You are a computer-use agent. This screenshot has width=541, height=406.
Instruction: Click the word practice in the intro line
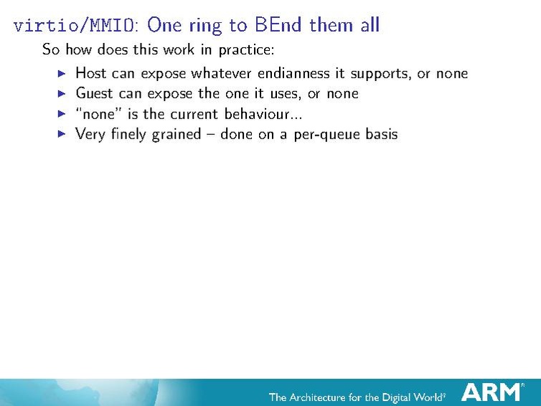click(x=245, y=50)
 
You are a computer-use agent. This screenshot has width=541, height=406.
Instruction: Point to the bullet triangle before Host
click(x=61, y=73)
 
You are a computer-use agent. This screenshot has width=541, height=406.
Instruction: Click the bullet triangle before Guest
click(x=61, y=93)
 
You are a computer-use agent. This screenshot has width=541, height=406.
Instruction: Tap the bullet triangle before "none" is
click(x=61, y=113)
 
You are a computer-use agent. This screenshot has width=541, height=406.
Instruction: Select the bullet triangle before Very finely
click(x=61, y=133)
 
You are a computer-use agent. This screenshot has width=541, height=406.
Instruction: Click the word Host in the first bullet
click(x=91, y=73)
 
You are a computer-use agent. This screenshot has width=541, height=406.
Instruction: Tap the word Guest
click(x=95, y=93)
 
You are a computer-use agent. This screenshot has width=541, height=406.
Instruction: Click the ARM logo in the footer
click(x=492, y=392)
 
